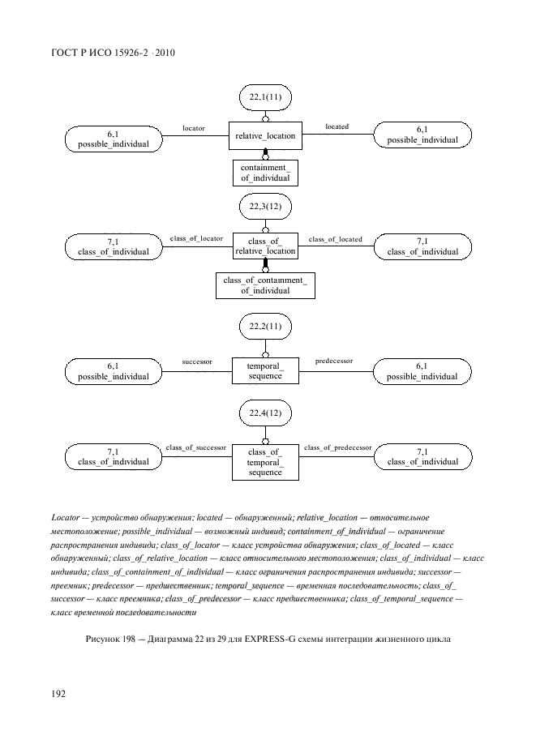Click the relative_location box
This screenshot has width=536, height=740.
coord(265,136)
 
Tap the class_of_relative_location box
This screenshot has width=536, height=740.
coord(265,246)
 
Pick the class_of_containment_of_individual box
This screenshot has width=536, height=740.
coord(265,285)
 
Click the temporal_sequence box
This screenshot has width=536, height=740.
coord(265,370)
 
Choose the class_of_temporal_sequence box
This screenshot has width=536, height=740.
coord(265,462)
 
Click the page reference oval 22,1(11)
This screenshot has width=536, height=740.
coord(265,98)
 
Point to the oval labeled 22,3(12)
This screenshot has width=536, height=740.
coord(265,208)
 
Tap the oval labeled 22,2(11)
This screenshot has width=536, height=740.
coord(265,327)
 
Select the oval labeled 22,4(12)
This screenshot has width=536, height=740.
coord(265,414)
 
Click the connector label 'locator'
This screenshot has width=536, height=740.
coord(194,128)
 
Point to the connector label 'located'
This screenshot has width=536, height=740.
coord(337,127)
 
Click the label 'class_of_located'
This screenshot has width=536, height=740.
coord(336,239)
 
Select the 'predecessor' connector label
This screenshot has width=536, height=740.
coord(334,361)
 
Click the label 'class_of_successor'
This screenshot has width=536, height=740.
coord(195,447)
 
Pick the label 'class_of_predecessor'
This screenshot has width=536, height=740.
coord(337,447)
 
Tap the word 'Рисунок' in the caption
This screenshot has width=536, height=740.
coord(104,640)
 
